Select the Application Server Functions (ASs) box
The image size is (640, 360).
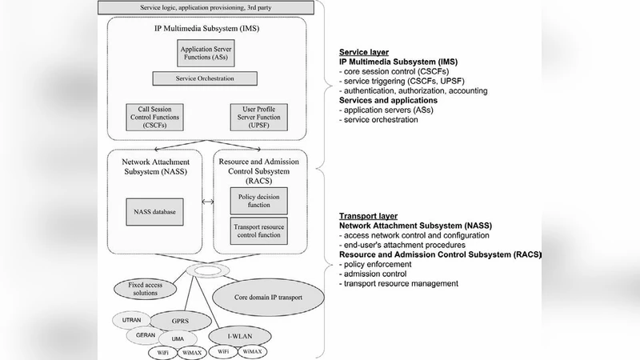tap(206, 54)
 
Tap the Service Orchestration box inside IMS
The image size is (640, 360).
tap(206, 79)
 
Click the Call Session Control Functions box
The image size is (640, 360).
tap(153, 118)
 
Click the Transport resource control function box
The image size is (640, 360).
tap(259, 231)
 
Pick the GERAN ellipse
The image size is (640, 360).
tap(144, 335)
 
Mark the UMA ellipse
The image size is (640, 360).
tap(178, 338)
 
